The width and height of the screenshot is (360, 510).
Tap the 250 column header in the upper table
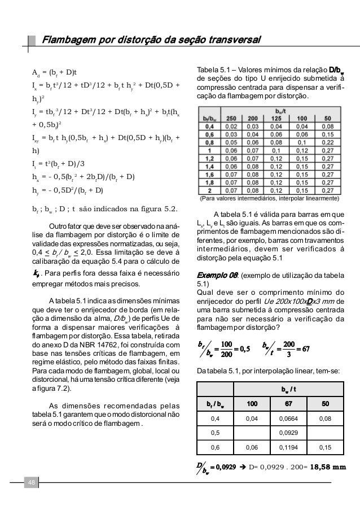click(x=230, y=120)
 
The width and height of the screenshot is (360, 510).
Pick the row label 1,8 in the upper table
click(x=209, y=183)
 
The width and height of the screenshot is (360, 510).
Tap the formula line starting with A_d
click(x=54, y=73)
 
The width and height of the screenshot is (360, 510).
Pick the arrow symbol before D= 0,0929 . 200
click(x=239, y=467)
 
